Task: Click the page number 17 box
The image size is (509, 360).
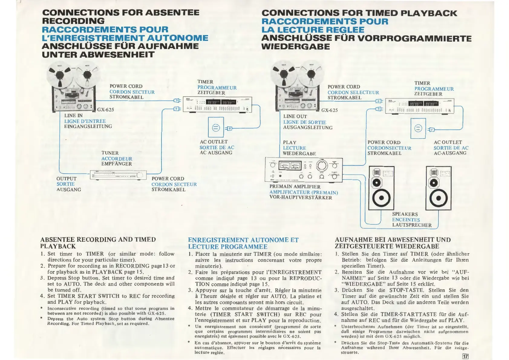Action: tap(465, 356)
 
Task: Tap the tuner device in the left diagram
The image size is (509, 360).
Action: tap(118, 175)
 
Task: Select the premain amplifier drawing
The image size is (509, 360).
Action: tap(304, 170)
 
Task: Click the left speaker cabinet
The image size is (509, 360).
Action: tap(381, 188)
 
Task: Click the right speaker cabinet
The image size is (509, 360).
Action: tap(438, 188)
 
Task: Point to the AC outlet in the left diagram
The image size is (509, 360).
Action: tap(216, 127)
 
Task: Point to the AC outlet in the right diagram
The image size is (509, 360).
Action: tap(418, 128)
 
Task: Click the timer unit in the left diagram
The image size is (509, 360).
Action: tap(217, 105)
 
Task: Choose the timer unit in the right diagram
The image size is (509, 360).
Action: tap(419, 106)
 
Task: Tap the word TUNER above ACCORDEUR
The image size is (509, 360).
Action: tap(110, 153)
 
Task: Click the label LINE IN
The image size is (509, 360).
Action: tap(73, 116)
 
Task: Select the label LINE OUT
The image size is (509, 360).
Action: tap(295, 116)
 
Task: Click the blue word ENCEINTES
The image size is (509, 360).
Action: tap(406, 220)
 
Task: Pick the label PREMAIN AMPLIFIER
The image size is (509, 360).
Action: tap(295, 187)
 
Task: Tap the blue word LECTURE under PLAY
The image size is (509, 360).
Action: tap(294, 148)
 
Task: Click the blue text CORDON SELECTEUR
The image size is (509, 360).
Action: tap(353, 93)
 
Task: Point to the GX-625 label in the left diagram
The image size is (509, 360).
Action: tap(106, 110)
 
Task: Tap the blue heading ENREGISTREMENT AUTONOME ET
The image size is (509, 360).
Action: tap(243, 240)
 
